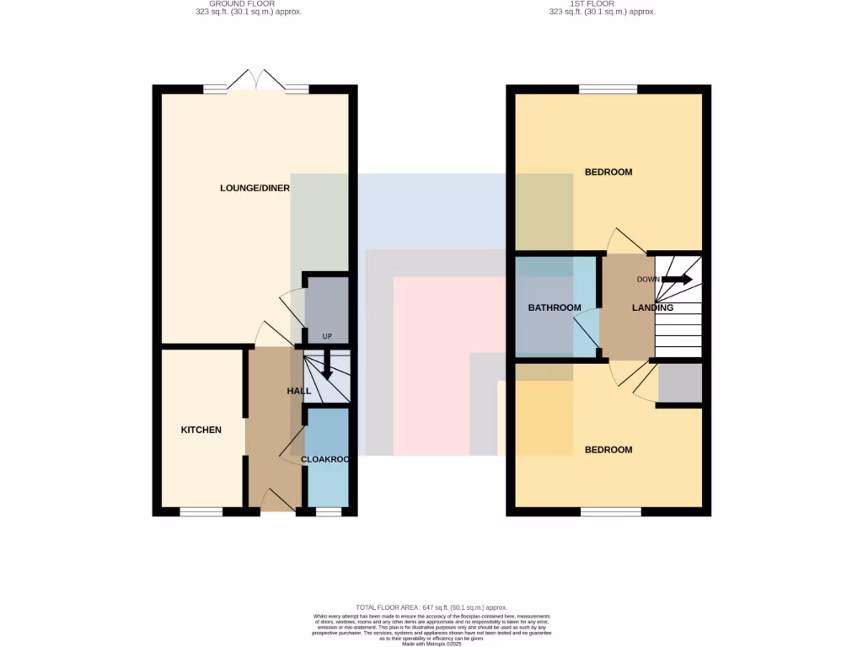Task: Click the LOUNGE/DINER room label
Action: [255, 188]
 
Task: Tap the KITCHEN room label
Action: [201, 430]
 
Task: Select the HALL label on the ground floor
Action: [299, 391]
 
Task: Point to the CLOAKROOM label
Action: [325, 460]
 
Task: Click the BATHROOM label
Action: [555, 307]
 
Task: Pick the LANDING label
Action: [652, 307]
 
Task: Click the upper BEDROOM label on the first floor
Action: [608, 172]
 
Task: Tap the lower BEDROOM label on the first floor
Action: [608, 450]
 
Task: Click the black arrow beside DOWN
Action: [677, 280]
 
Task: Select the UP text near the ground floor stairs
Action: [327, 337]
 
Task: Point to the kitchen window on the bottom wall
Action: [201, 511]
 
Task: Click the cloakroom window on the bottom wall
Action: [328, 511]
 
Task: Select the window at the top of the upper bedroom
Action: [608, 89]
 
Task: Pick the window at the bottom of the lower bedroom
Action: [610, 511]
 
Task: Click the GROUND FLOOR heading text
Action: [242, 8]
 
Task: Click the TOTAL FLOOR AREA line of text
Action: [431, 607]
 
